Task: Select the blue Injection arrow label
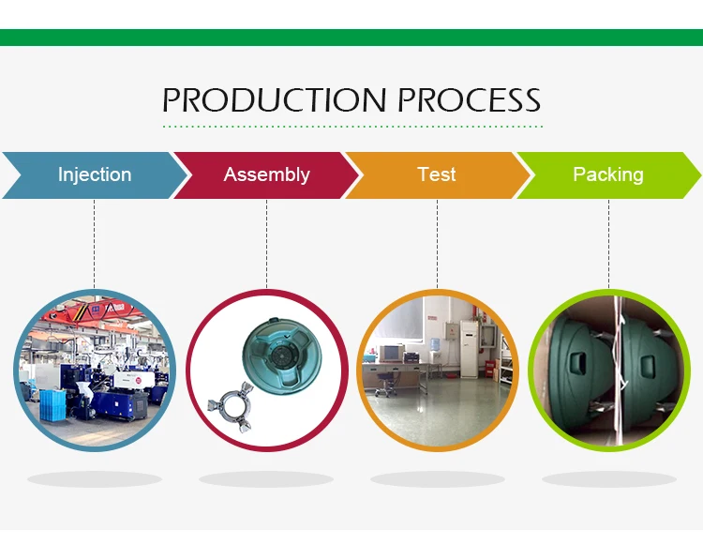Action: (94, 174)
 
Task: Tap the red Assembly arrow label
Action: (266, 174)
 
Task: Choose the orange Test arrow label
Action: (437, 174)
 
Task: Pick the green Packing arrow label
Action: (608, 174)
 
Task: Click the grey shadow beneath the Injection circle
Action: (94, 479)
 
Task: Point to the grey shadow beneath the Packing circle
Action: (608, 479)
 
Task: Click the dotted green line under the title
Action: (352, 126)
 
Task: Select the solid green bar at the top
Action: (351, 38)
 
